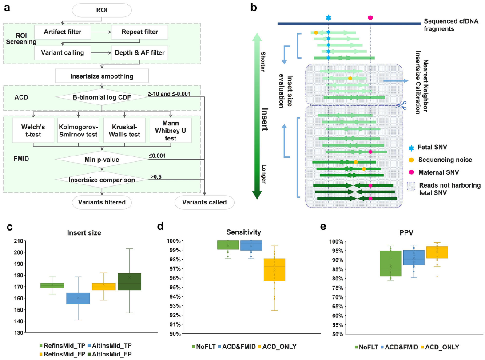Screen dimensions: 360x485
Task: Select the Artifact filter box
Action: click(x=63, y=32)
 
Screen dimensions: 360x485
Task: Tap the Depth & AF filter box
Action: click(x=139, y=53)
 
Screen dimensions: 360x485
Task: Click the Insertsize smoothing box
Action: click(x=102, y=76)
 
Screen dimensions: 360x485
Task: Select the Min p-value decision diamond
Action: click(x=102, y=159)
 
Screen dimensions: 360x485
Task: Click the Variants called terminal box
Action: click(x=201, y=203)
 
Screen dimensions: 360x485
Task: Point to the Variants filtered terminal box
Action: click(x=102, y=203)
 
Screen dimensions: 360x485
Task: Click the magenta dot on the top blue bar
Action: click(x=370, y=17)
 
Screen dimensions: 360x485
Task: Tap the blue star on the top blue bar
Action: click(x=328, y=18)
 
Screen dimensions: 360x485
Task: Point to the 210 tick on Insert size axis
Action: click(x=20, y=241)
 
